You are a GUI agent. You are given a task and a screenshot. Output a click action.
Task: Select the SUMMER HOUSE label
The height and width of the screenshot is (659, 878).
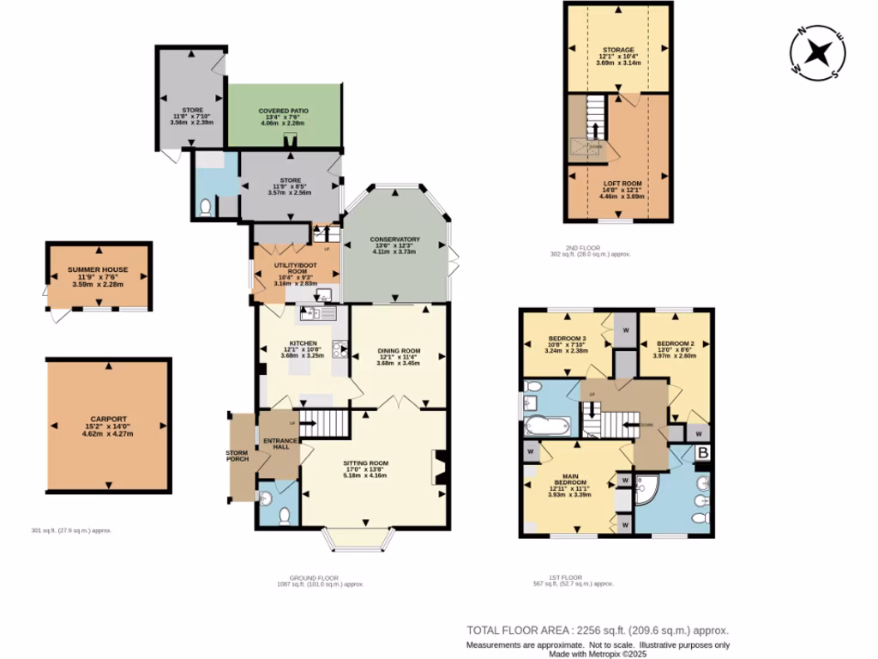pos(98,269)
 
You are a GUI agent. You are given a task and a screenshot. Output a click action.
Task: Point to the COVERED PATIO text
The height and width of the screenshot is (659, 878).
pos(284,112)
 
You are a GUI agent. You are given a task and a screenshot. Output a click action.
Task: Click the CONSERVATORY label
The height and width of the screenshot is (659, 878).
pos(394,239)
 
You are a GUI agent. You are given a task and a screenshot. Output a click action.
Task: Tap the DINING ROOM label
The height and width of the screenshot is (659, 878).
pos(399,350)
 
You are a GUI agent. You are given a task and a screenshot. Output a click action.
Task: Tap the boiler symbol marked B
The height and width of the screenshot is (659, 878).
pos(702,451)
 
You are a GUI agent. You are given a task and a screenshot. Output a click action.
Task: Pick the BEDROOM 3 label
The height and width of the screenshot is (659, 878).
pos(567,338)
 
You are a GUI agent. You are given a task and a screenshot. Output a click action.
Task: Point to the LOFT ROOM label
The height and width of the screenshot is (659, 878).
pos(617,184)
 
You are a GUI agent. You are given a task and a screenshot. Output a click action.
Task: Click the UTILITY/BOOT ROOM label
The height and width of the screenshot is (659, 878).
pos(297,269)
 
